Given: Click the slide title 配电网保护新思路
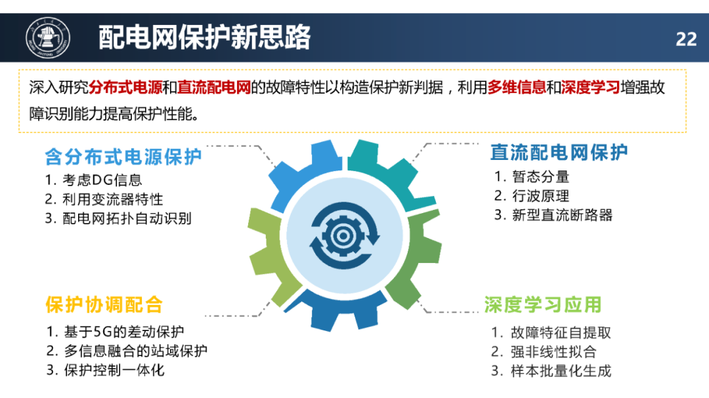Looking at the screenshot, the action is (204, 37).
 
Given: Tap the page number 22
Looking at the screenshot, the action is (686, 39).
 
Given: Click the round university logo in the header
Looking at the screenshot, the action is (48, 38).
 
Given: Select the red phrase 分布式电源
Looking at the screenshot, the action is (125, 87).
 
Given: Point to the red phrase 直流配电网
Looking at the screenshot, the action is (214, 87).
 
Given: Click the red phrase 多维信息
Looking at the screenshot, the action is (517, 87).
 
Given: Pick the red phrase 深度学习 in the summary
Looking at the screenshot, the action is (591, 87).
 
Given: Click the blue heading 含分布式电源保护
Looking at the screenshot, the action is (123, 157).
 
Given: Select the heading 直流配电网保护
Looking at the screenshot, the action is (559, 152).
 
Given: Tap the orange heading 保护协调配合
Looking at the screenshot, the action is (104, 304).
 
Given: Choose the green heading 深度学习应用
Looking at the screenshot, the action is (543, 304).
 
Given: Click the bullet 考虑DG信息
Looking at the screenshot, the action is (102, 180).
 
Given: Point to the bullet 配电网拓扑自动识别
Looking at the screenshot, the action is (127, 218).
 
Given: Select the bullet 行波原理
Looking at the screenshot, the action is (540, 195).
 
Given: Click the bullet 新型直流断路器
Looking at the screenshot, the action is (562, 214).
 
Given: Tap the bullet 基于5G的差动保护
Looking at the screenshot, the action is (124, 332).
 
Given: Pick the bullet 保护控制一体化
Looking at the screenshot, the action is (114, 370).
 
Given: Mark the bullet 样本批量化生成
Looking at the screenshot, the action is (561, 371).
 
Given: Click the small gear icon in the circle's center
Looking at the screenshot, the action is (343, 235).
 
